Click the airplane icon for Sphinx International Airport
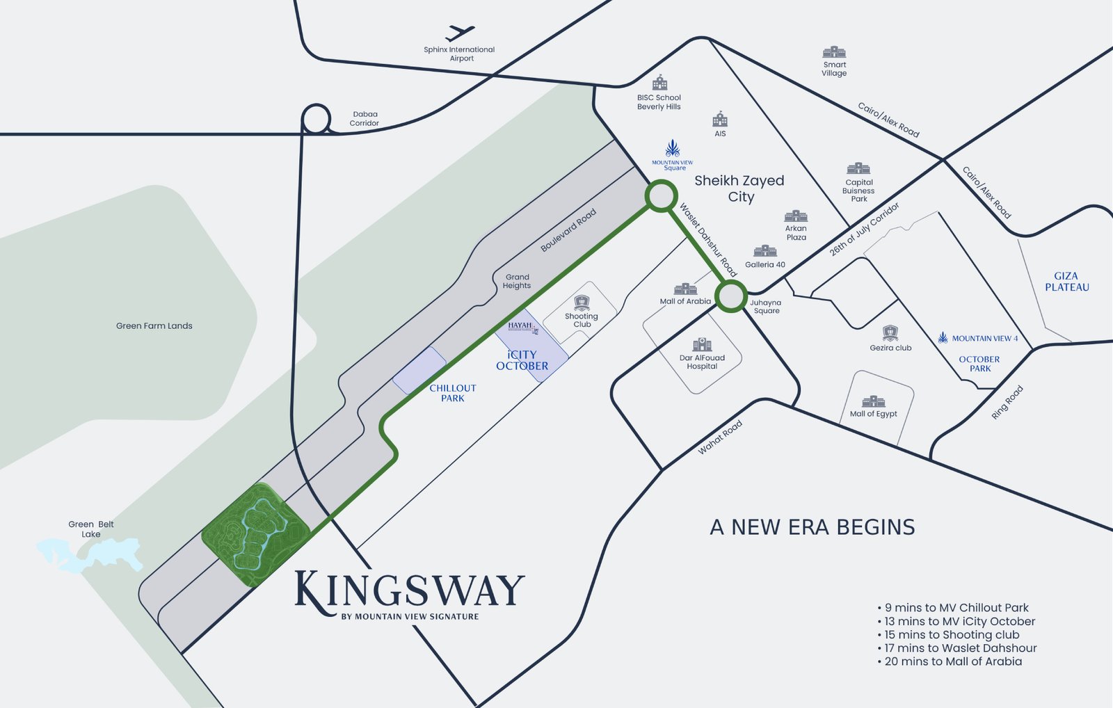[x=459, y=33]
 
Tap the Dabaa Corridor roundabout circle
[x=317, y=119]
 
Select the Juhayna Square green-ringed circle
[x=731, y=297]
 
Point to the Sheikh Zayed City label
[x=739, y=188]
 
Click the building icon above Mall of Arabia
[x=685, y=289]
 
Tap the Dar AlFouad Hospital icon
[x=703, y=344]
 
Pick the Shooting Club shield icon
[x=582, y=303]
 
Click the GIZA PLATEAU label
[x=1066, y=282]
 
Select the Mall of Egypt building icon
[x=874, y=401]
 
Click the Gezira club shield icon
[x=890, y=333]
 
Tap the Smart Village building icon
[x=834, y=52]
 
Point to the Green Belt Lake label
[x=90, y=529]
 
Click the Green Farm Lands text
[x=154, y=325]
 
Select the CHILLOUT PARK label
[x=453, y=393]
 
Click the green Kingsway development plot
[x=255, y=534]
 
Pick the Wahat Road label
[x=720, y=437]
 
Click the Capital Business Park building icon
[x=858, y=168]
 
